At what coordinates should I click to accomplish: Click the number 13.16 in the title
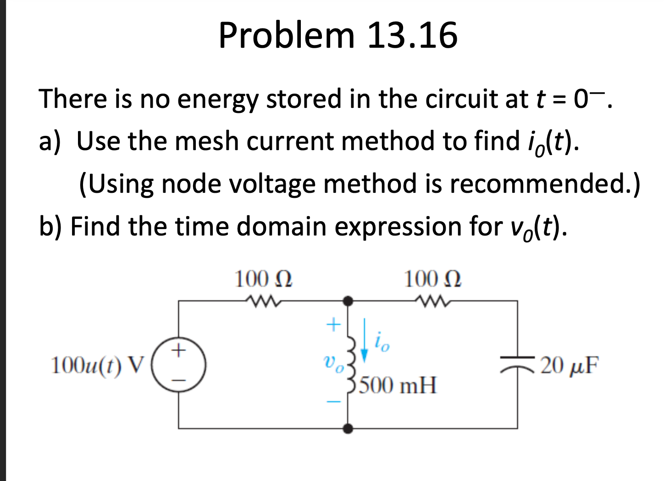(412, 35)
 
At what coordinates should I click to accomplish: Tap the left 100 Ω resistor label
(263, 279)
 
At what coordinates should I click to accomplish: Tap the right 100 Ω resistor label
(432, 279)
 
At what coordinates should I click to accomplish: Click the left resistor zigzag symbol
(263, 301)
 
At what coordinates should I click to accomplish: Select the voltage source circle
(178, 365)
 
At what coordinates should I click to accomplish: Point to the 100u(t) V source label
(98, 365)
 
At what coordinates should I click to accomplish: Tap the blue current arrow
(364, 339)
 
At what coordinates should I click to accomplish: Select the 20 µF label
(569, 365)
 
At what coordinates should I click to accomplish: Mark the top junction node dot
(349, 301)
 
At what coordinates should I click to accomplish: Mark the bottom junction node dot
(349, 429)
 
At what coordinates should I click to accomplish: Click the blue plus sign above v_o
(333, 325)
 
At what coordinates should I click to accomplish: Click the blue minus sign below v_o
(333, 402)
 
